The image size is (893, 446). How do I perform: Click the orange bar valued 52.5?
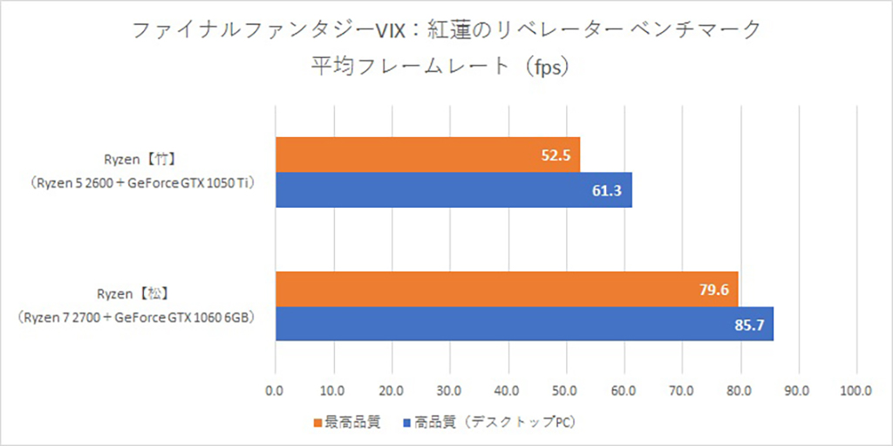coord(427,154)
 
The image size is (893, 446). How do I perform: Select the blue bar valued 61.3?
coord(453,190)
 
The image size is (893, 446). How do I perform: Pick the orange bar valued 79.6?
coord(507,289)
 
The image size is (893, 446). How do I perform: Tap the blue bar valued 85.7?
coord(524,324)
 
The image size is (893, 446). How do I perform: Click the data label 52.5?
coord(554,155)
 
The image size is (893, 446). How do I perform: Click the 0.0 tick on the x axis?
coord(276,392)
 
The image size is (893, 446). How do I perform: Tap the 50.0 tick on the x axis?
coord(566,392)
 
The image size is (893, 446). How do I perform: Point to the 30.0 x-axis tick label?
coord(450,392)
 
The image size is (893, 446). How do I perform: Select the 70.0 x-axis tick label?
coord(682,392)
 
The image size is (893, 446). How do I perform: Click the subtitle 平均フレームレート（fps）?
coord(446,66)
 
